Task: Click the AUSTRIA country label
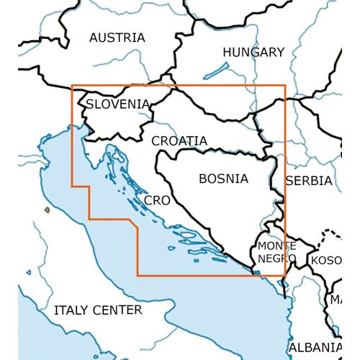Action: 117,37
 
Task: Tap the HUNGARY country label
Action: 253,52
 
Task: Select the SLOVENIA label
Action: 117,105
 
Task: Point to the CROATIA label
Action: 179,141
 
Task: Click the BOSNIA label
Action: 223,179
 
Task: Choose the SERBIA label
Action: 308,181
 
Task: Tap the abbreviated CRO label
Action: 157,200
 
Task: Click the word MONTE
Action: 271,247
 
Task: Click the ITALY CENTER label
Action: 98,310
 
